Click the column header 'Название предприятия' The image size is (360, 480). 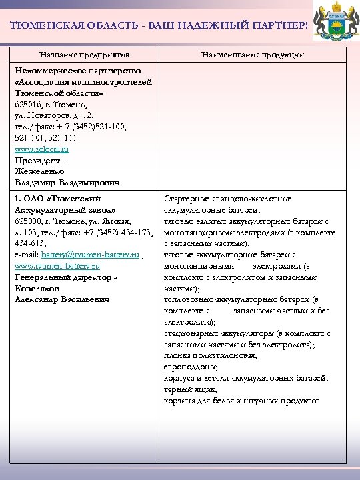coord(84,54)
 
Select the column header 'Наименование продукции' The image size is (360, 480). coord(253,54)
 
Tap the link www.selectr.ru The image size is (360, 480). coord(41,149)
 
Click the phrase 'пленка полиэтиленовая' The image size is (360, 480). coord(210,355)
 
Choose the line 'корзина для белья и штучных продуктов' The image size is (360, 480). coord(241,401)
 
